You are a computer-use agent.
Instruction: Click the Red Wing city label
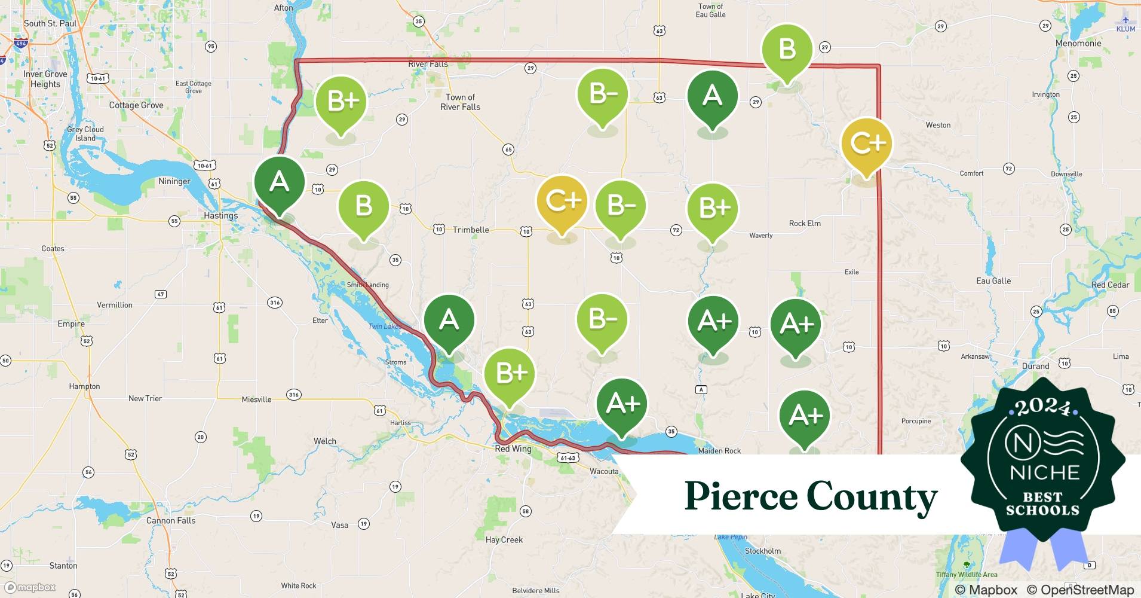tap(513, 448)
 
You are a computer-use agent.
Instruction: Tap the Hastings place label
tap(220, 215)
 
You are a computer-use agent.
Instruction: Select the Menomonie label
tap(1078, 43)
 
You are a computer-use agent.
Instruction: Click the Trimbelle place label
tap(470, 230)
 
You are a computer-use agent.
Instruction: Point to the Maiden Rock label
tap(719, 450)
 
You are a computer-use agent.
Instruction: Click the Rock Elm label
tap(804, 223)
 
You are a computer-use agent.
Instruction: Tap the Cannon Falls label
tap(171, 520)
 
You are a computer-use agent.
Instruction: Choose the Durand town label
tap(1035, 366)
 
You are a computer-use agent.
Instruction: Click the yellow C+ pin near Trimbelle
tap(562, 202)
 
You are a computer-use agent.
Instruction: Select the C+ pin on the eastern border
tap(866, 144)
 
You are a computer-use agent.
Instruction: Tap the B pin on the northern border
tap(787, 49)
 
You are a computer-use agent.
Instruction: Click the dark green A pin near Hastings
tap(279, 181)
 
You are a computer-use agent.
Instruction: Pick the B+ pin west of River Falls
tap(341, 102)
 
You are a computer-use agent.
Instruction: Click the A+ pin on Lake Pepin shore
tap(622, 404)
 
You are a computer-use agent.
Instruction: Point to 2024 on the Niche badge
tap(1043, 407)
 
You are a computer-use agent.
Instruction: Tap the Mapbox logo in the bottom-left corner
tap(30, 587)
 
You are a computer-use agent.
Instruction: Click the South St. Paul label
tap(50, 23)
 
